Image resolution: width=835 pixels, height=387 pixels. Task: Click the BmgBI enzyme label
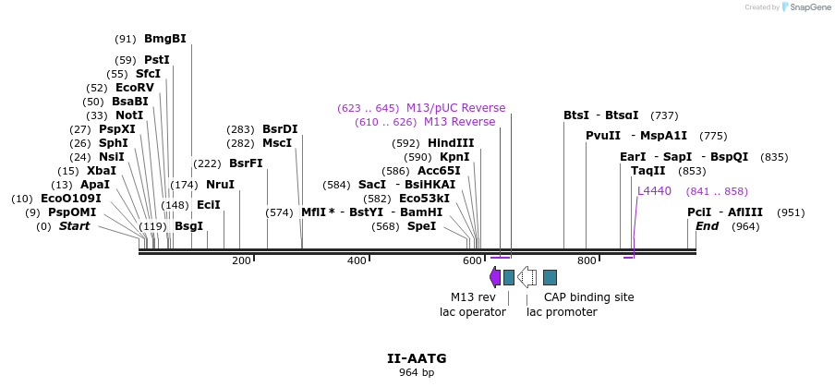164,39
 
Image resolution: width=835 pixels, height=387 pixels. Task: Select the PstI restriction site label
156,60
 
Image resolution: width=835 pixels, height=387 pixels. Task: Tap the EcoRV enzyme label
134,88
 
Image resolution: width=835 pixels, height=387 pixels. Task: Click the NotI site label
128,115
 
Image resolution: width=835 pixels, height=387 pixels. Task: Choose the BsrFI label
246,163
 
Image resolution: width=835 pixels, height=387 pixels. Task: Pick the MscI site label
276,143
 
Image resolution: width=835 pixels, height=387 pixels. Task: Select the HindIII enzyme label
451,143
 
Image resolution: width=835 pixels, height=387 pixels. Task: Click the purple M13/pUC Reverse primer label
455,108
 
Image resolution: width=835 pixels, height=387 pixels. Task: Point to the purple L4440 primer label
654,191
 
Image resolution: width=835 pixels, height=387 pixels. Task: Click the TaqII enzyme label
647,171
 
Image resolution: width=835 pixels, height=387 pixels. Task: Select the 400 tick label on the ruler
357,261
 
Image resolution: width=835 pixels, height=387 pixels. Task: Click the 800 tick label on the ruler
586,261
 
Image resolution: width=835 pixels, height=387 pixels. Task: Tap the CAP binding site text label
588,297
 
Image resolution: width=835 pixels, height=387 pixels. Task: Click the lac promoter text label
562,312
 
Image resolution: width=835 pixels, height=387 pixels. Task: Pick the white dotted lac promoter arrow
526,276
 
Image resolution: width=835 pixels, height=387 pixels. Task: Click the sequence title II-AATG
417,357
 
